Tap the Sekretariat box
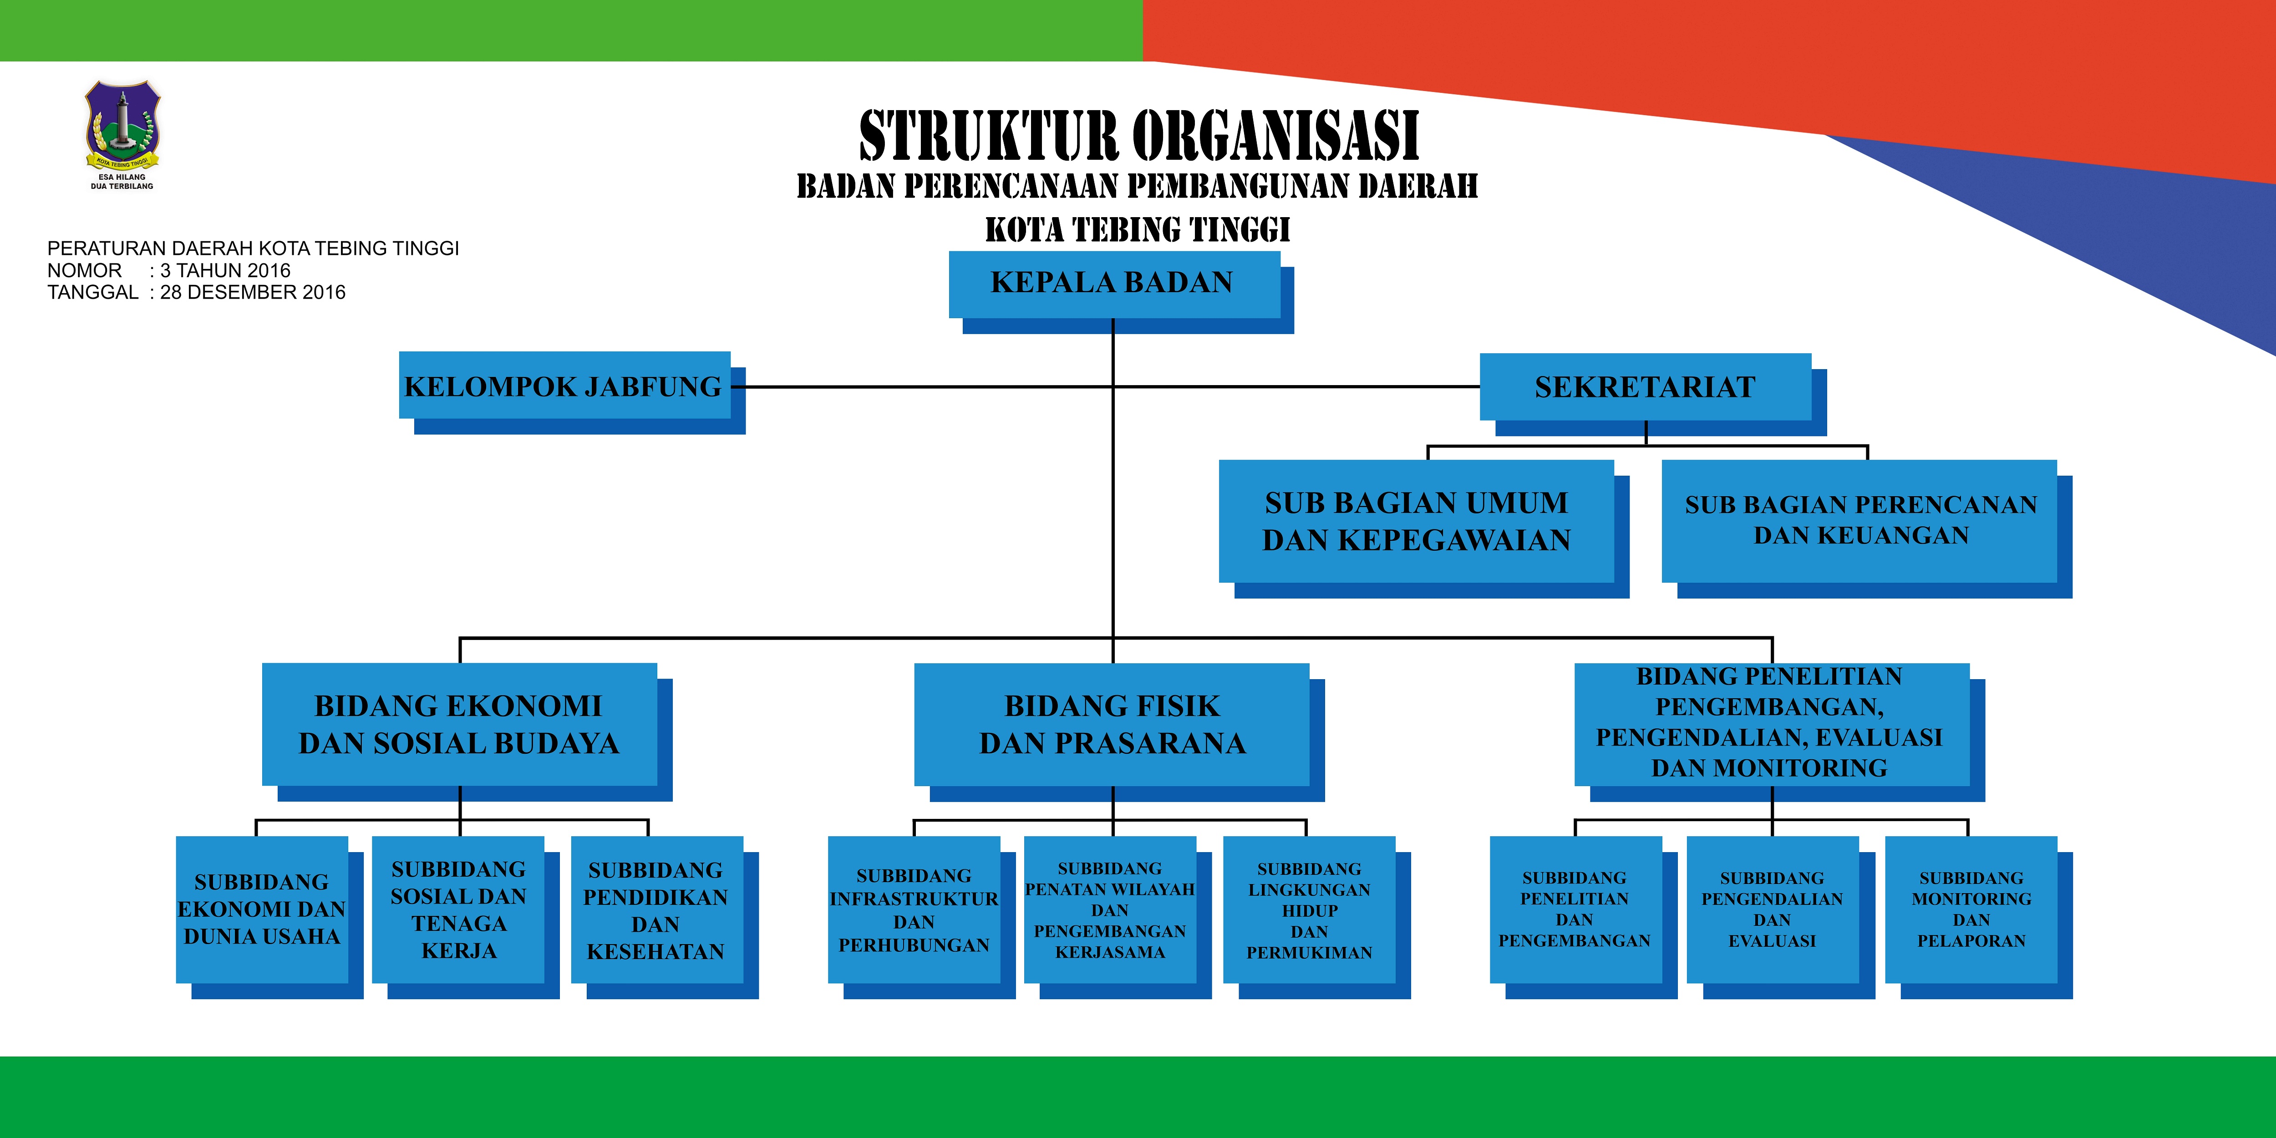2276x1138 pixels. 1645,387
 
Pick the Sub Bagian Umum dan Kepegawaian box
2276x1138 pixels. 1416,521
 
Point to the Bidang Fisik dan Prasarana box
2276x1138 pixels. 1112,725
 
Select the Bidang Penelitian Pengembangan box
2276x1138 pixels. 1772,725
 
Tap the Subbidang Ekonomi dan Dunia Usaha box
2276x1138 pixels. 262,910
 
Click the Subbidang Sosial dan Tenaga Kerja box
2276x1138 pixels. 458,910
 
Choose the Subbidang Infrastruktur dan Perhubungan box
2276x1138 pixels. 914,910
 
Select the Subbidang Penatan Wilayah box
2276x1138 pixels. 1111,910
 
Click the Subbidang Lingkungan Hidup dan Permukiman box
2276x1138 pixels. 1310,910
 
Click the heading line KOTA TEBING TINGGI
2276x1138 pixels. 1138,230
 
